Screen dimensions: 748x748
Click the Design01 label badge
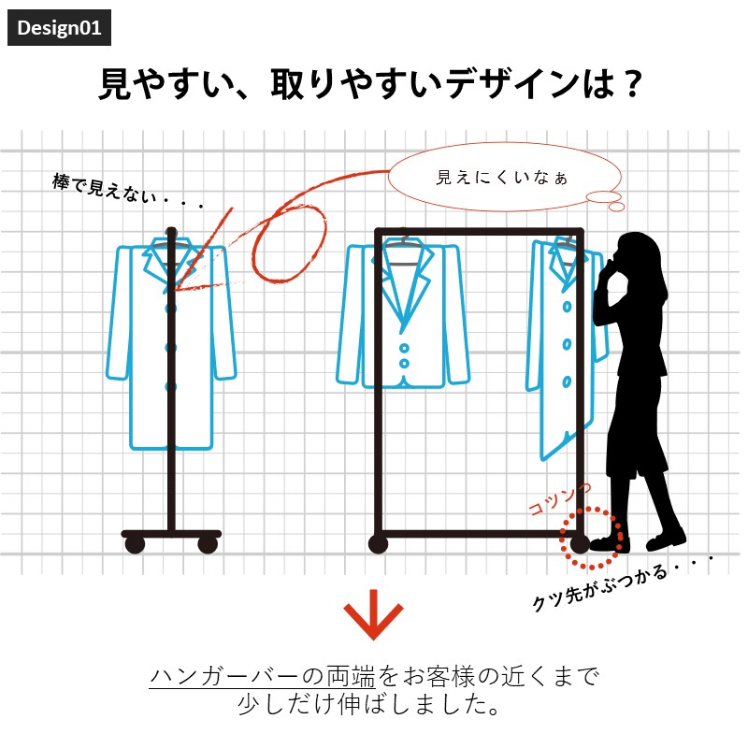tap(59, 28)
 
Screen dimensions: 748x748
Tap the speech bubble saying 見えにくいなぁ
tap(505, 177)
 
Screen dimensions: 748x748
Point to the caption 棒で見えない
tap(105, 190)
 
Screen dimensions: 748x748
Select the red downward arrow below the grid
tap(373, 614)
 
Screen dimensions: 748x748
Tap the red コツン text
tap(559, 499)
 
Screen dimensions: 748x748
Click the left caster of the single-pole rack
tap(135, 544)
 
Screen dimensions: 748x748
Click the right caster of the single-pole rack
tap(208, 544)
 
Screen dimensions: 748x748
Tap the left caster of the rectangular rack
tap(379, 544)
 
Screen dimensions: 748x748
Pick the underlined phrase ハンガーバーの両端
tap(263, 676)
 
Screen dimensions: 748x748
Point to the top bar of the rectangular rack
tap(479, 232)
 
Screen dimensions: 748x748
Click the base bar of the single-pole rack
tap(171, 533)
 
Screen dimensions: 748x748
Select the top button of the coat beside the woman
tap(567, 307)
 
